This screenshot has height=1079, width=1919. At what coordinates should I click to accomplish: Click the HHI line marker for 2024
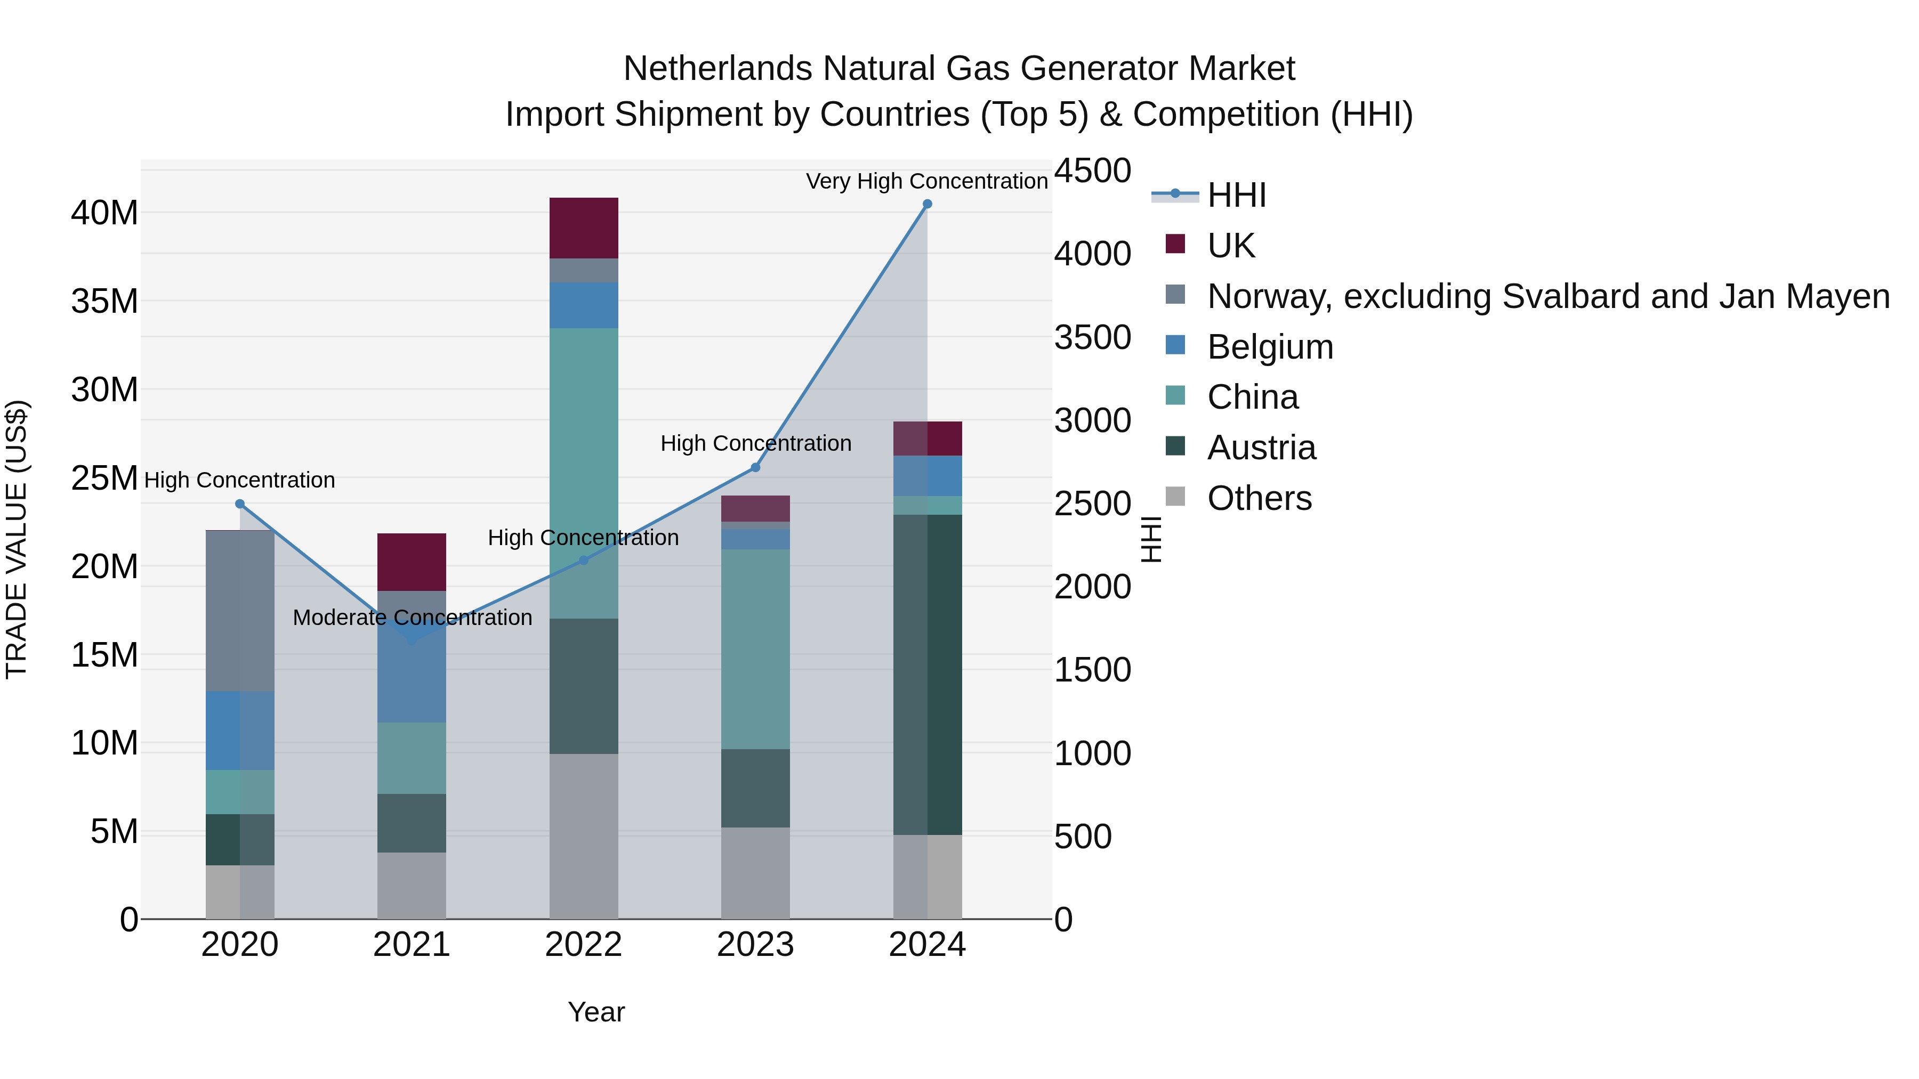927,204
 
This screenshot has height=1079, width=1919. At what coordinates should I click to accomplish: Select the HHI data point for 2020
240,504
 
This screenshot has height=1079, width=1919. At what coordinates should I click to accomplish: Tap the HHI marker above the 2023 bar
755,468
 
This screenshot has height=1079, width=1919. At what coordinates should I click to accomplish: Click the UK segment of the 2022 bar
583,228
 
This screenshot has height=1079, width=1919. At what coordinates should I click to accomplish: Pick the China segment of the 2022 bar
583,473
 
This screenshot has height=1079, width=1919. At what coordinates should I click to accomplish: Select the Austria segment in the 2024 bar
928,674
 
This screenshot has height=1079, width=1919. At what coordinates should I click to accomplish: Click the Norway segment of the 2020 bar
240,611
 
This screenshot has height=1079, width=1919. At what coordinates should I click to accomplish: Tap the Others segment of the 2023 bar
755,873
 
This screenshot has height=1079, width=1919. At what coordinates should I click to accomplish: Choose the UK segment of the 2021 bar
411,562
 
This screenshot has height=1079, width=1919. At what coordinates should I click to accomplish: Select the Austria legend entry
1261,448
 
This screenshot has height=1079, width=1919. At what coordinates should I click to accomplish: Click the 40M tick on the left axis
104,213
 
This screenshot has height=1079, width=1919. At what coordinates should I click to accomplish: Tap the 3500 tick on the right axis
1092,337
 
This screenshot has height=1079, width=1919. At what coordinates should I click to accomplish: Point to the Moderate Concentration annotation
412,618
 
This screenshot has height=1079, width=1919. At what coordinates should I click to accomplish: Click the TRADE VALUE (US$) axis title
17,539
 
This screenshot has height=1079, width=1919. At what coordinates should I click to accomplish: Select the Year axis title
596,1012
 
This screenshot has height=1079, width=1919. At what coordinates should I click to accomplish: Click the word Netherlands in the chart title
717,69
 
